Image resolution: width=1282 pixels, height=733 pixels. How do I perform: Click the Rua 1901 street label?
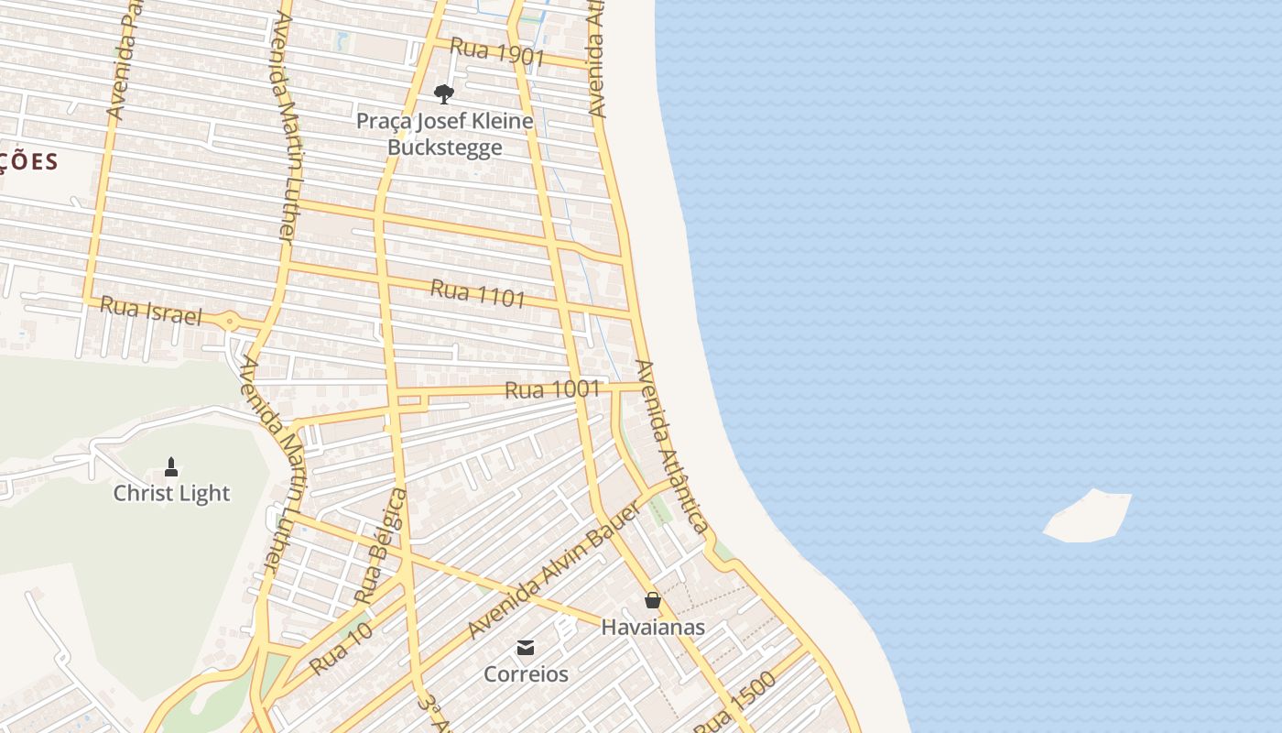(497, 52)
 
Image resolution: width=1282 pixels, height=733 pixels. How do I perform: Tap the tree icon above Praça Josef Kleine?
(443, 93)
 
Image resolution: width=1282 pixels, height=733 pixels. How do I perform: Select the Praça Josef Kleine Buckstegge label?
(445, 134)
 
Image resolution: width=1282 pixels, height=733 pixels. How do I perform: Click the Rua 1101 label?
(478, 293)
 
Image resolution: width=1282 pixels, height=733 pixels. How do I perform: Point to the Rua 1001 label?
(552, 389)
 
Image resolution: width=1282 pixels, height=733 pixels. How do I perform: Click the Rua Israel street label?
(150, 311)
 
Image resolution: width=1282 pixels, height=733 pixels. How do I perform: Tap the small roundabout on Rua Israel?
(229, 322)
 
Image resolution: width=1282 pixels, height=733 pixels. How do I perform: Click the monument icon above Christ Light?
(171, 467)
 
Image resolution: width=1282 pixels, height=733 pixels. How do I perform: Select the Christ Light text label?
(171, 493)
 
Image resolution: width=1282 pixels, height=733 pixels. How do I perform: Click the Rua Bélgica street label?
(381, 546)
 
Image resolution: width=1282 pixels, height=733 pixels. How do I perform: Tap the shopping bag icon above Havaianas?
(652, 600)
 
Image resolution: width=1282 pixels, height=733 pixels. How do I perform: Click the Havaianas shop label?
(653, 627)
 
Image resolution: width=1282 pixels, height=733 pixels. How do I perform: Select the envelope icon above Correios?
(526, 648)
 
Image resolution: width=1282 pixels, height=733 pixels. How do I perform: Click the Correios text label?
(526, 674)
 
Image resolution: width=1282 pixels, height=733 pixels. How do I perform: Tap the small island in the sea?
(1090, 517)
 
